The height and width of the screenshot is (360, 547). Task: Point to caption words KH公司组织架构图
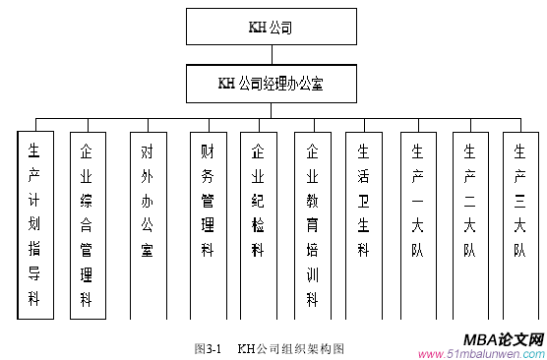[291, 348]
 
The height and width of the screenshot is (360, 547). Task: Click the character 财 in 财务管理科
[207, 151]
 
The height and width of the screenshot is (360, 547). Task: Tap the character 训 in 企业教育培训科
[313, 274]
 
